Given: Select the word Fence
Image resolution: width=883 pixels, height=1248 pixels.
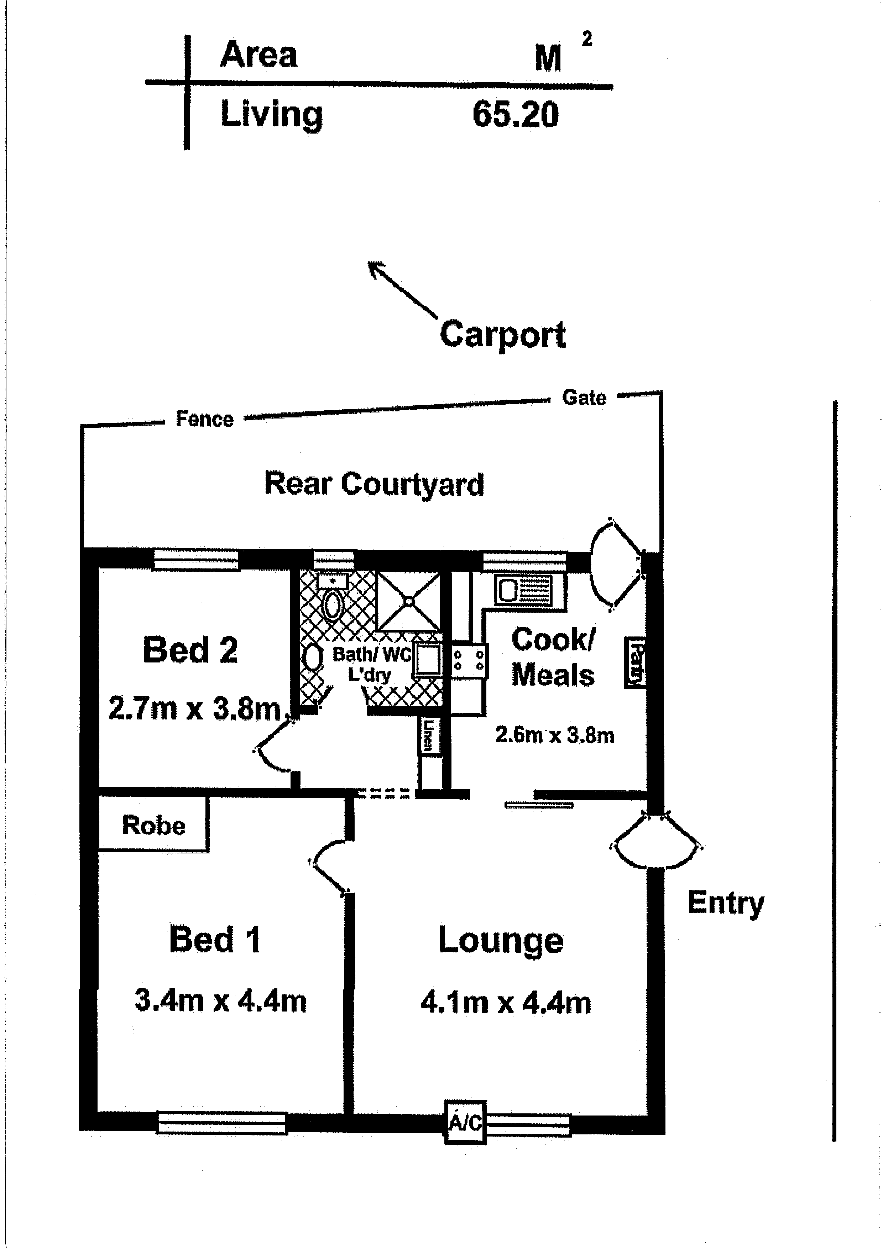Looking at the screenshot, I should point(204,419).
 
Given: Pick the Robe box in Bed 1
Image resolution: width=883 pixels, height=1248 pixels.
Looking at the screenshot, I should point(153,825).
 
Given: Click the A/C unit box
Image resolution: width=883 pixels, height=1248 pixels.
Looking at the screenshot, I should point(465,1122).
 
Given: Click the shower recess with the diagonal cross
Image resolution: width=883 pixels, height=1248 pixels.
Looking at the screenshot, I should point(408,601).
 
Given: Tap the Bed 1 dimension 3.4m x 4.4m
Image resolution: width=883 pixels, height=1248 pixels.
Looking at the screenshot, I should point(220,1000).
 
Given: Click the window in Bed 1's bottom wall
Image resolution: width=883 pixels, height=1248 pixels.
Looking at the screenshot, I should point(221,1123).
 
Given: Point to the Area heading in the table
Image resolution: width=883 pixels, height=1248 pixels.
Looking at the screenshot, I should point(259,54).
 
